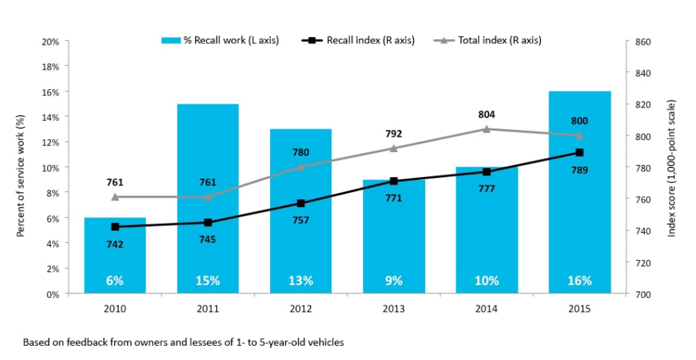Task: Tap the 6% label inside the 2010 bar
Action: [x=115, y=281]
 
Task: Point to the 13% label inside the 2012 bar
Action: [x=300, y=281]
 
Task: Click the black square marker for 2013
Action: [x=393, y=182]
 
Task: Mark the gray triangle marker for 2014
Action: [x=486, y=129]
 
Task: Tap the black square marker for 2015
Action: [x=579, y=153]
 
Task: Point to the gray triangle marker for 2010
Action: [x=115, y=197]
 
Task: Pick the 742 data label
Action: [x=115, y=244]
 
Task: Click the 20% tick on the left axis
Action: [x=50, y=41]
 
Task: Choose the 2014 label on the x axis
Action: [x=486, y=309]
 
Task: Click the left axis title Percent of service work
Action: [x=21, y=167]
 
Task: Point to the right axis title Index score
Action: [x=672, y=167]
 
